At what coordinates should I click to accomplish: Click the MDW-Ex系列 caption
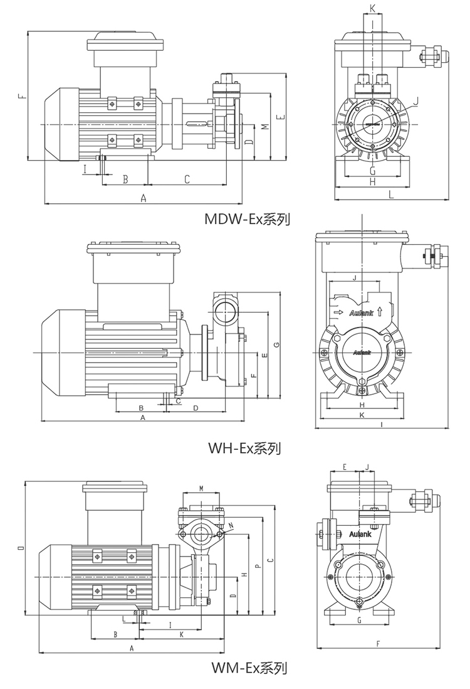248,220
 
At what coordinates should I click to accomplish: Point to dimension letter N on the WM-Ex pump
231,525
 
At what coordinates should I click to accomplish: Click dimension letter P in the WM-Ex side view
258,563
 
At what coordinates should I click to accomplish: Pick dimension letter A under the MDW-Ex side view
143,198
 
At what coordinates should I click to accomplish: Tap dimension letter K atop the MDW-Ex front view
372,8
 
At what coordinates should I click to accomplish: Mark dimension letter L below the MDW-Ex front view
390,195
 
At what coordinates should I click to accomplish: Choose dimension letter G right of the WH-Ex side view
276,344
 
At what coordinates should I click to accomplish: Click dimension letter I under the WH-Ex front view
382,425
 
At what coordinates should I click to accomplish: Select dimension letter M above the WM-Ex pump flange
201,488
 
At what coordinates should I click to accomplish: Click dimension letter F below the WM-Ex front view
379,644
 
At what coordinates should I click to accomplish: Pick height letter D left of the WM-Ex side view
21,548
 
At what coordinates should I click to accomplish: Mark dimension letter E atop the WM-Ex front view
345,466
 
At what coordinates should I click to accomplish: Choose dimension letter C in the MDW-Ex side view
187,179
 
